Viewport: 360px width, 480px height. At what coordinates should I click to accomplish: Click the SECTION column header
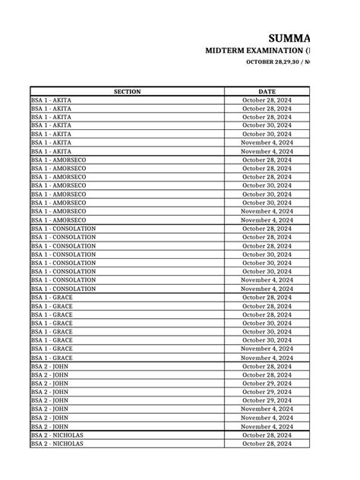click(127, 91)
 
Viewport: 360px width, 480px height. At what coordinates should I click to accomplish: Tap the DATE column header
click(267, 91)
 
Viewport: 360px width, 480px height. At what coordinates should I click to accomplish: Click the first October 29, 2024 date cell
click(267, 384)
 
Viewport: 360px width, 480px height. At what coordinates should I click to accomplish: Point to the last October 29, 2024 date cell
click(267, 400)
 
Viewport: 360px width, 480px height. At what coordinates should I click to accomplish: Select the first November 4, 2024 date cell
click(267, 143)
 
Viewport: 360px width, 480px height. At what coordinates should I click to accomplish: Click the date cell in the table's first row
click(267, 100)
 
